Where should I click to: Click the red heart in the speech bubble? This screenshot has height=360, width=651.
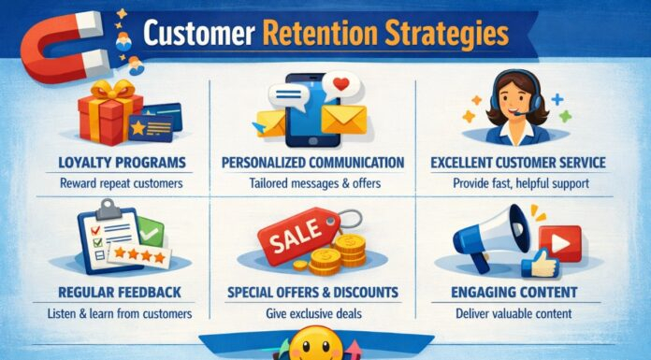(x=342, y=85)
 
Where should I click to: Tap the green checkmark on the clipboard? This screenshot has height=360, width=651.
(x=149, y=230)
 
